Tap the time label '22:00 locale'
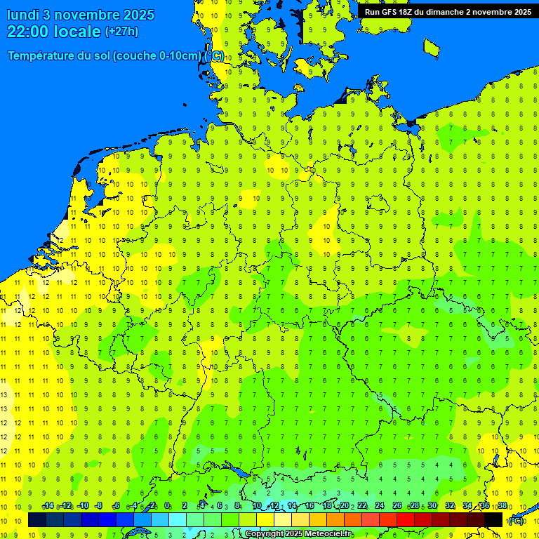54,32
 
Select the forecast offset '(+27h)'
121,32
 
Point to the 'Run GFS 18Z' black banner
448,11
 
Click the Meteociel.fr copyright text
298,534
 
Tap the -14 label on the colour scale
48,506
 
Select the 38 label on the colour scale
503,506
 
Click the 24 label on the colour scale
379,506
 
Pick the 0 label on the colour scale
167,506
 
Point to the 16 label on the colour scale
309,506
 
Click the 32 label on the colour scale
450,506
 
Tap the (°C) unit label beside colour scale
517,521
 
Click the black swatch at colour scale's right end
494,520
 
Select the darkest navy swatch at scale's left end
37,520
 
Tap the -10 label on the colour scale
83,506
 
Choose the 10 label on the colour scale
256,506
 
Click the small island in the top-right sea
432,47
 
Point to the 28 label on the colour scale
415,506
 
